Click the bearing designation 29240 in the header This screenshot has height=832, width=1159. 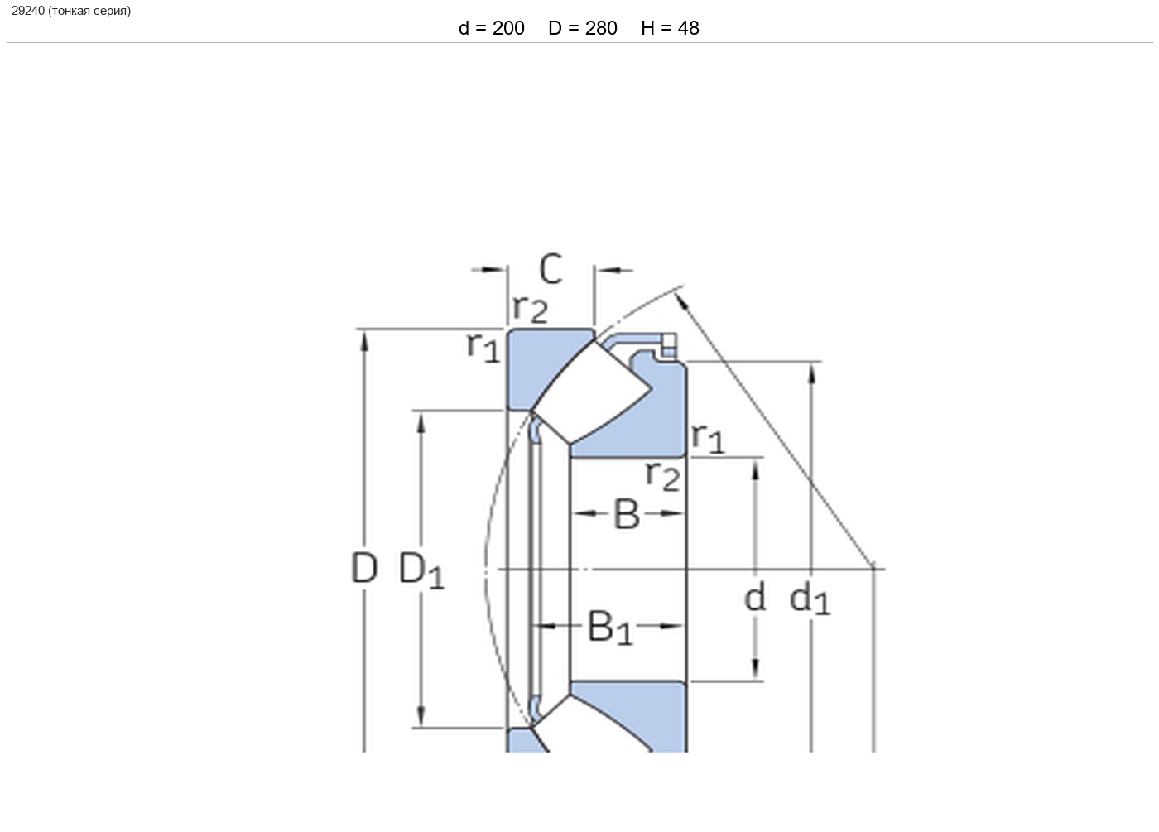tap(28, 11)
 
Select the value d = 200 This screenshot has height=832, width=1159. tap(492, 28)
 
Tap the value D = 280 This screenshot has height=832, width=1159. tap(583, 28)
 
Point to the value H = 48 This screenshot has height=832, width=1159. tap(670, 28)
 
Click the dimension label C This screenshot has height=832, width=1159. tap(551, 268)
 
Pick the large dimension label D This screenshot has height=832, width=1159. tap(363, 567)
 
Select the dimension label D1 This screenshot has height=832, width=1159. tap(421, 570)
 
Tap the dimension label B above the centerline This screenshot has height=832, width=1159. tap(627, 514)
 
